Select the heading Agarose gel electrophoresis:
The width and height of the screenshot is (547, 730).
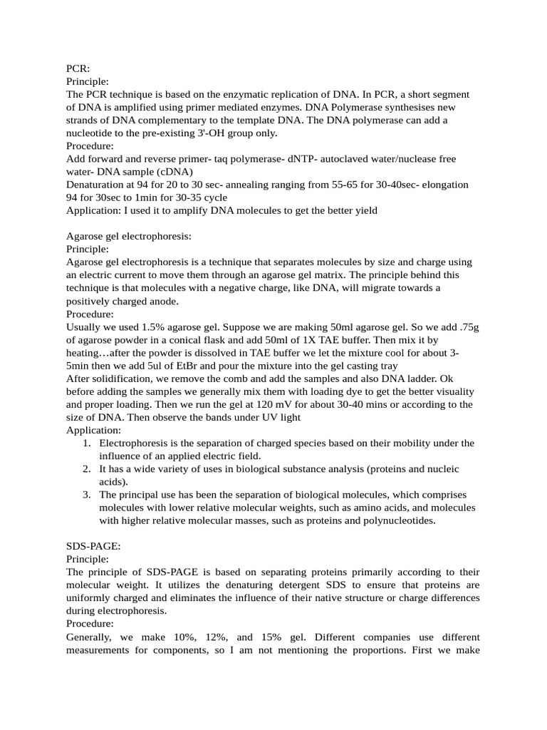129,236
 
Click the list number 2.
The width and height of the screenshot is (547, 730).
85,468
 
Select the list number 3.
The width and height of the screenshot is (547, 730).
85,494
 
